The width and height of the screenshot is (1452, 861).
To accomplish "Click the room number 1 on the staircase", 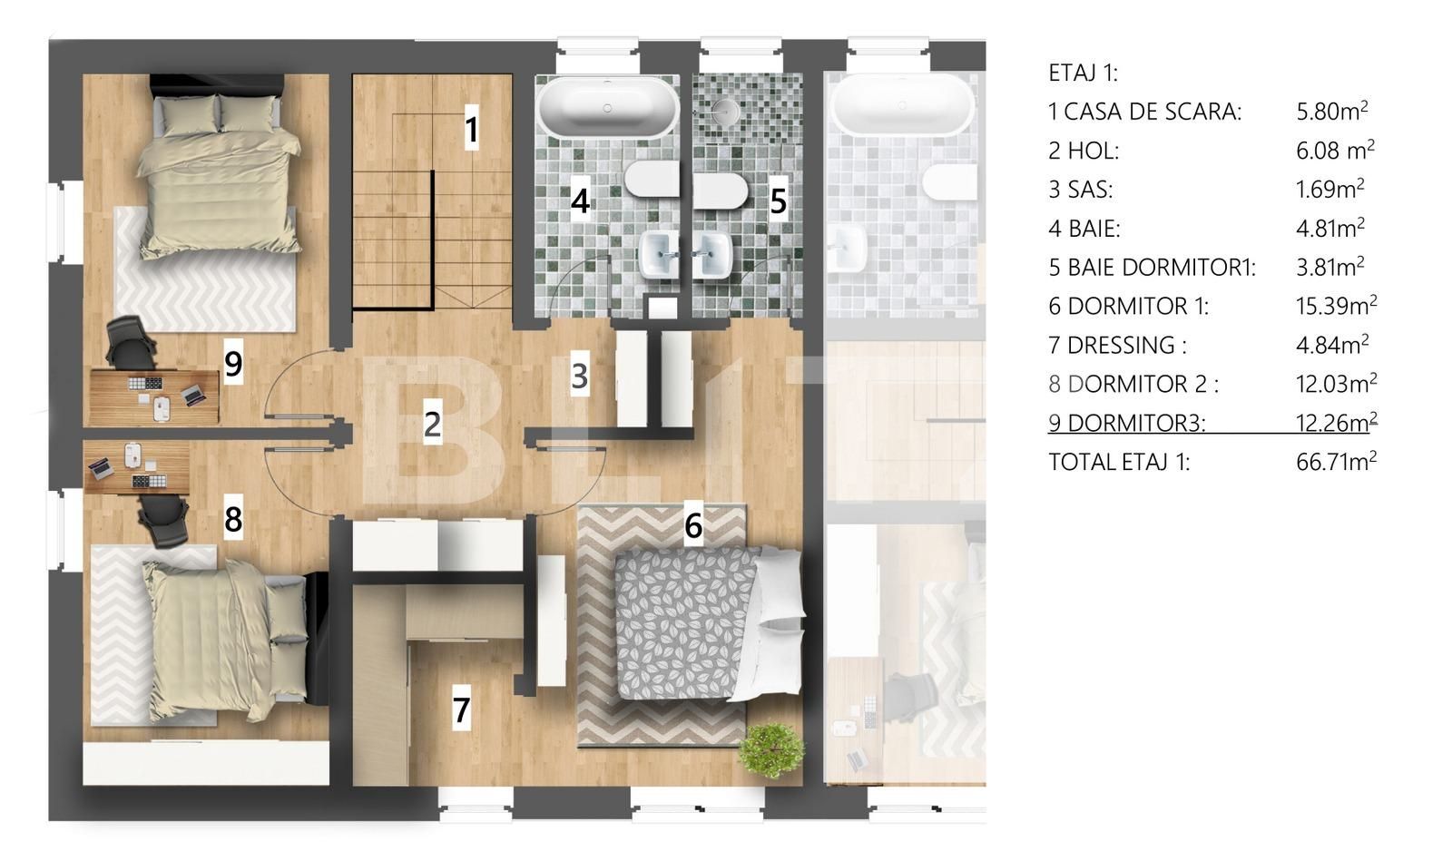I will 471,129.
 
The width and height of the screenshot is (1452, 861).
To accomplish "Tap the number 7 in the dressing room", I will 461,709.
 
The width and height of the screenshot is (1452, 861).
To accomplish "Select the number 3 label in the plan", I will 580,376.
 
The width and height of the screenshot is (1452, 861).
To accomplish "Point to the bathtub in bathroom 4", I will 607,106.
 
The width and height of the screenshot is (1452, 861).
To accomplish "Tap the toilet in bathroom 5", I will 723,191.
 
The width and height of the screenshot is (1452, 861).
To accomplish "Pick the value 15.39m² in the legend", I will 1336,306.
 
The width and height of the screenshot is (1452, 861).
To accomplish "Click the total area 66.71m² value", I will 1336,462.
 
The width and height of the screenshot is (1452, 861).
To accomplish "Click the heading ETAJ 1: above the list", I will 1083,73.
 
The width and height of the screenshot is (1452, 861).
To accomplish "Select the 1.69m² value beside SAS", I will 1330,190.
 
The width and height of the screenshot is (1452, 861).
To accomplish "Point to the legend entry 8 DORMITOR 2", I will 1133,384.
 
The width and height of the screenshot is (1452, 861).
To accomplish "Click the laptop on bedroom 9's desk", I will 191,395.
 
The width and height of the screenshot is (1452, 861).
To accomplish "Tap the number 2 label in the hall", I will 432,424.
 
